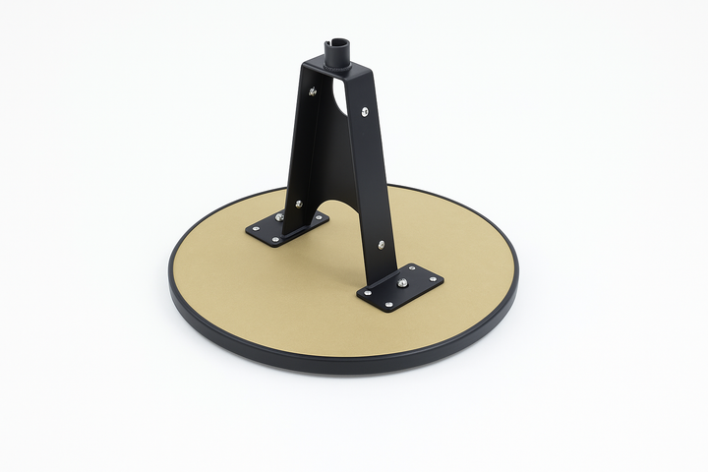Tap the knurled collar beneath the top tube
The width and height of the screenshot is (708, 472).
click(x=337, y=57)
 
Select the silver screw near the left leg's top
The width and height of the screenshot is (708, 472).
click(x=313, y=92)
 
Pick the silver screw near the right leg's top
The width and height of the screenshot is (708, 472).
click(x=365, y=112)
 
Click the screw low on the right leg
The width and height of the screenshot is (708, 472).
click(x=382, y=244)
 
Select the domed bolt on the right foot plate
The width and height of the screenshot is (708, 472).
click(x=403, y=283)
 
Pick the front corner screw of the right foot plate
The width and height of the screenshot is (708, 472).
click(x=389, y=305)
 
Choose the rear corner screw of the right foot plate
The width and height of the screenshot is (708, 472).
click(x=407, y=268)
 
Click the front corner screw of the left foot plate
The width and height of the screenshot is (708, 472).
click(x=275, y=239)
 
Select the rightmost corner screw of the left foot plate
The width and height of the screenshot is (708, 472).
click(x=318, y=218)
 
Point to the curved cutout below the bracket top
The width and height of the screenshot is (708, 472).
click(x=338, y=98)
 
